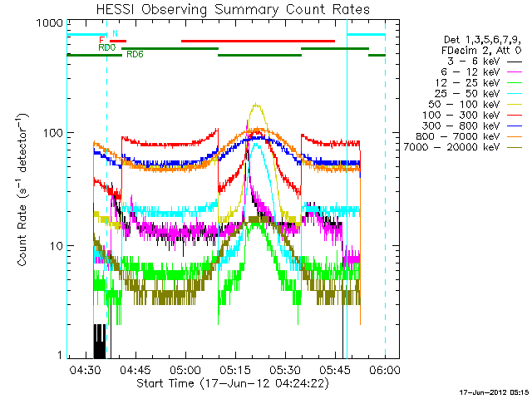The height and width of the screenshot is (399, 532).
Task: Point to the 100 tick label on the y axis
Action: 52,133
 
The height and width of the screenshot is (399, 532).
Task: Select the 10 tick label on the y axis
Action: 56,246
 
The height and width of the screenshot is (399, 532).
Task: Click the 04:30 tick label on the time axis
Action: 86,368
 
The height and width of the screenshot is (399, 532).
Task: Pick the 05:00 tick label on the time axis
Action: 185,368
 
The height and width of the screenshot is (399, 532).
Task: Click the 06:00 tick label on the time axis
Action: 385,368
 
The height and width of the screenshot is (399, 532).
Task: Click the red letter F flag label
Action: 101,40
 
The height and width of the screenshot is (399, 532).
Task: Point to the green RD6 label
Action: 135,54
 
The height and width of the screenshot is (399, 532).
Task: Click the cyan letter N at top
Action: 115,33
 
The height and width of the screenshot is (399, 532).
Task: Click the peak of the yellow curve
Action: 257,105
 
